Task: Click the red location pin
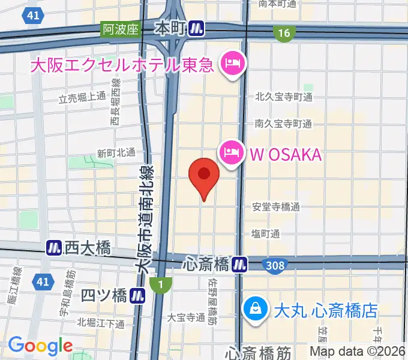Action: coord(204,175)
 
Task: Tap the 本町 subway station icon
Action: coord(196,28)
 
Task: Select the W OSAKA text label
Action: coord(286,155)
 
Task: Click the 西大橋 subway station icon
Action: coord(55,247)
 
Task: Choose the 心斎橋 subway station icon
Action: coord(240,263)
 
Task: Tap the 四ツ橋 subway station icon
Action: coord(139,295)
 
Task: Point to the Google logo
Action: coord(40,346)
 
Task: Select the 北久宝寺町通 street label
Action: coord(283,97)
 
